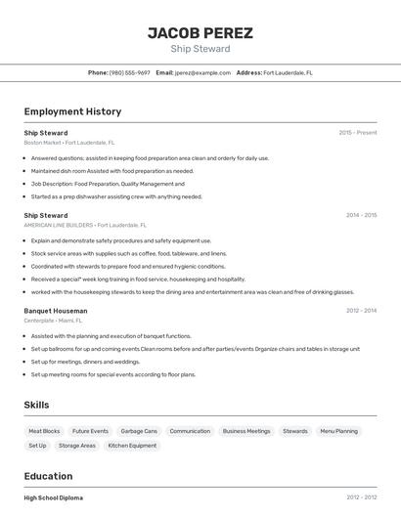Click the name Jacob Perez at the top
(200, 33)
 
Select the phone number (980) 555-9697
(129, 72)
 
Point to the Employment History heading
(72, 112)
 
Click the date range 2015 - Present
(357, 132)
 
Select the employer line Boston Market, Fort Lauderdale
(69, 143)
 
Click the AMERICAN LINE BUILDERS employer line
(85, 225)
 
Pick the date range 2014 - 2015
(361, 215)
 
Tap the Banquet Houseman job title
(56, 311)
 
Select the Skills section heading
(36, 405)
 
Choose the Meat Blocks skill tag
(44, 431)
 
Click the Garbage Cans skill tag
(139, 431)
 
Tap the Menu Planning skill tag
(339, 431)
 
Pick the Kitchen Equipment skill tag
(132, 446)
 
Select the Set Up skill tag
(37, 446)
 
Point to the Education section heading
(48, 477)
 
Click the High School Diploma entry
(54, 497)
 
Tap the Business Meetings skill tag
(246, 431)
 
